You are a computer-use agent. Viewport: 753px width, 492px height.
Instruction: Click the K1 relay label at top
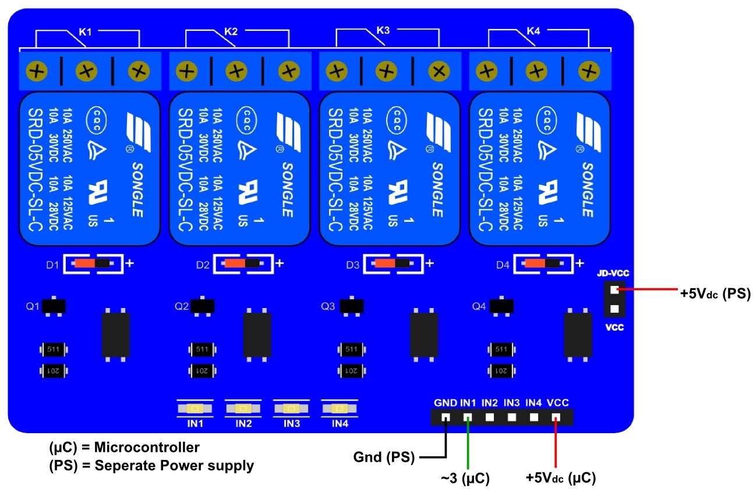(x=85, y=32)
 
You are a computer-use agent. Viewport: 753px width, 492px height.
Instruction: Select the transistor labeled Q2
(x=203, y=306)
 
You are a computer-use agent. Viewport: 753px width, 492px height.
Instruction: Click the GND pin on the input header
(x=446, y=417)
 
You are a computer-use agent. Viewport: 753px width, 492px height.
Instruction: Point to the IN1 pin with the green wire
(x=468, y=417)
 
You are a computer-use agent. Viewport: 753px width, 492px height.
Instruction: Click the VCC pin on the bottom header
(x=556, y=417)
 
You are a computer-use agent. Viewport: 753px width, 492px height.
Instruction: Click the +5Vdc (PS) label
(x=715, y=294)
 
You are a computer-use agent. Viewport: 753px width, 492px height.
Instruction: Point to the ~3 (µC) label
(x=465, y=479)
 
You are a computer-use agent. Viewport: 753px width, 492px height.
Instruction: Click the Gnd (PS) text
(x=384, y=458)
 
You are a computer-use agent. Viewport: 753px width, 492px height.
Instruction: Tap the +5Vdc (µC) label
(x=560, y=479)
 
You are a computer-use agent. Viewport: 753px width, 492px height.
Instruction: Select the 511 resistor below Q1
(x=53, y=349)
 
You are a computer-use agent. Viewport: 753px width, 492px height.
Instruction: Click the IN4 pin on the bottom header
(x=534, y=417)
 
